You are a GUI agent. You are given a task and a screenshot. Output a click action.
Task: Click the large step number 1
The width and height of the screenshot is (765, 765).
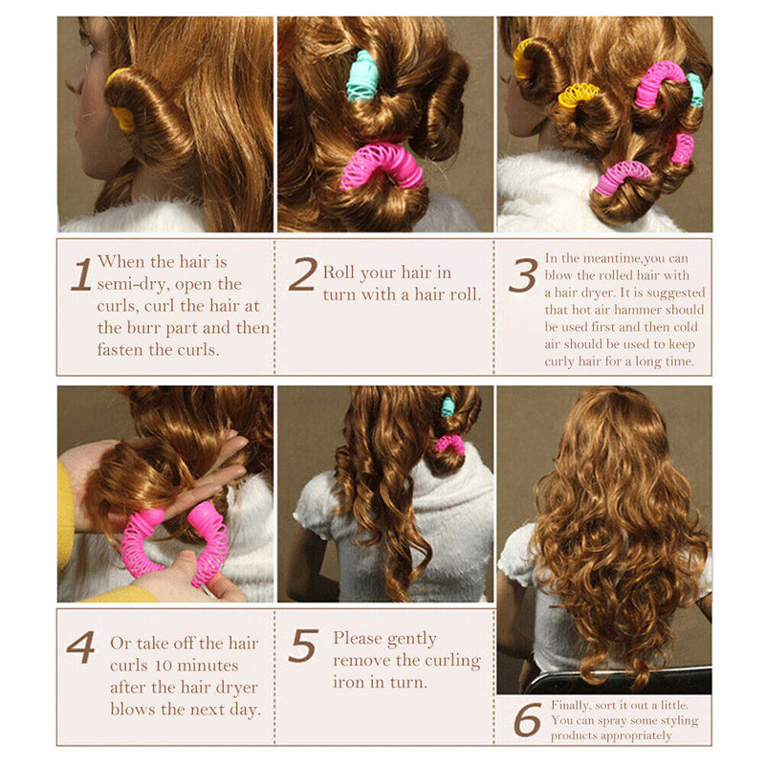tap(81, 275)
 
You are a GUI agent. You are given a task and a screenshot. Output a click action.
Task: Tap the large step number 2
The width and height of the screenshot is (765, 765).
tap(302, 275)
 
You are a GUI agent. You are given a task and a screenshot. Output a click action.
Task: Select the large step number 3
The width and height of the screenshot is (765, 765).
tap(522, 275)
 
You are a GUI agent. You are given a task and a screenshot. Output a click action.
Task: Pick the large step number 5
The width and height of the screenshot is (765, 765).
tap(302, 647)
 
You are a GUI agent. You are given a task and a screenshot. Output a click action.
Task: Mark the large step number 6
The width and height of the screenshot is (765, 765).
tap(527, 720)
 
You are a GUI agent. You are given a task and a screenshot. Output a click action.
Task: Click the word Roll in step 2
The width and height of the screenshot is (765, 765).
tap(340, 273)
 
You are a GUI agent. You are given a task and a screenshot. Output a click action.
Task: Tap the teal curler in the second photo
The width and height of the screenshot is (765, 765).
tap(362, 76)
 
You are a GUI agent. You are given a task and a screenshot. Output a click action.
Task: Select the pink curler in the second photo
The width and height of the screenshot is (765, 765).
tap(381, 164)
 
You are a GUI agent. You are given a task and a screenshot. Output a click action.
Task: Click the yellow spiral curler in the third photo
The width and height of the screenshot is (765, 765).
tap(579, 95)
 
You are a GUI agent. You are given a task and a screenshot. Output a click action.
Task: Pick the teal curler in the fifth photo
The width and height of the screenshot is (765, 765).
tap(448, 406)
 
